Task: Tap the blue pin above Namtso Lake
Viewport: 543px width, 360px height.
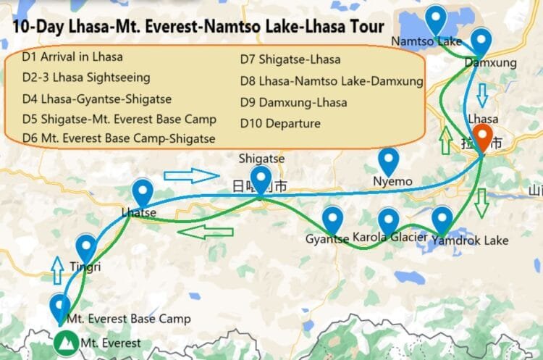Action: (435, 18)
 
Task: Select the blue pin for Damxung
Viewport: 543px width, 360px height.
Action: (481, 41)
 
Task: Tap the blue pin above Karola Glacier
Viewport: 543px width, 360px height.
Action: (389, 219)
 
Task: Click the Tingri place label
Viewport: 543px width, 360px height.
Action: (85, 267)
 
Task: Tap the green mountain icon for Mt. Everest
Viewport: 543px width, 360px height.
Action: (67, 342)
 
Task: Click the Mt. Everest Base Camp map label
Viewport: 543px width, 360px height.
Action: (128, 319)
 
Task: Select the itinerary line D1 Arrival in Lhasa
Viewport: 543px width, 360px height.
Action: (72, 56)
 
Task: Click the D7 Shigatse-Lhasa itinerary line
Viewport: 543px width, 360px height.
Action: (290, 59)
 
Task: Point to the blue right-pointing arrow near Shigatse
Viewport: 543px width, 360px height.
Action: (190, 175)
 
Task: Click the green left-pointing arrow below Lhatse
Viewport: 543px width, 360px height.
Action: (205, 232)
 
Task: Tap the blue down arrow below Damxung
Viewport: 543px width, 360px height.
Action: (483, 93)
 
